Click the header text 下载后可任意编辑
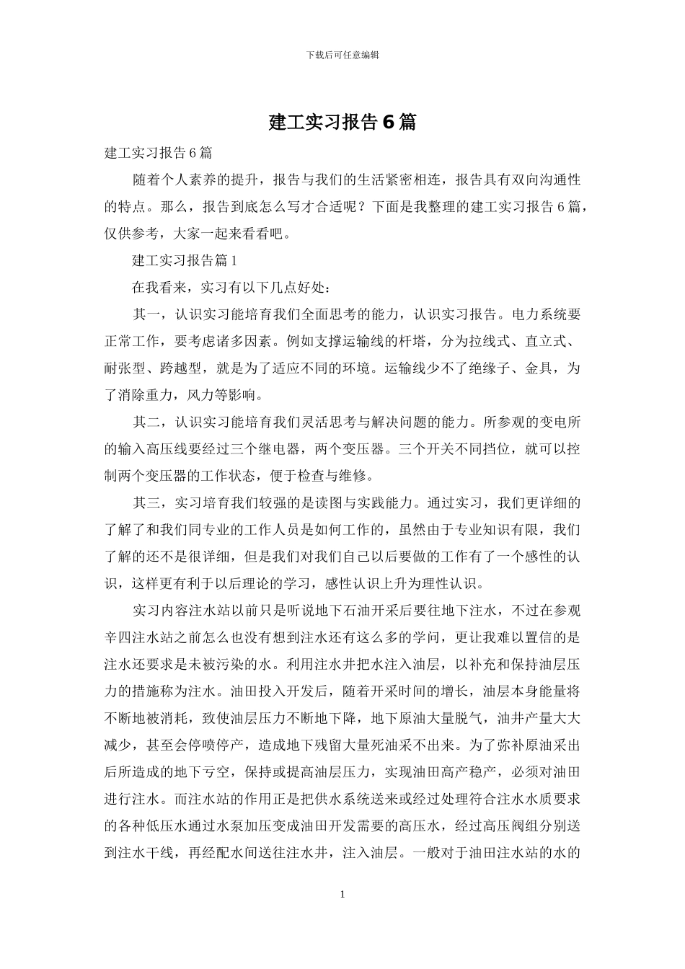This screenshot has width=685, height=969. pos(342,55)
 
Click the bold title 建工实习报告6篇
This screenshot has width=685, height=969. pos(342,122)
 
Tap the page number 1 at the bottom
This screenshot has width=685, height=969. pos(342,895)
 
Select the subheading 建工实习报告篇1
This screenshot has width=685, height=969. pos(185,261)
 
